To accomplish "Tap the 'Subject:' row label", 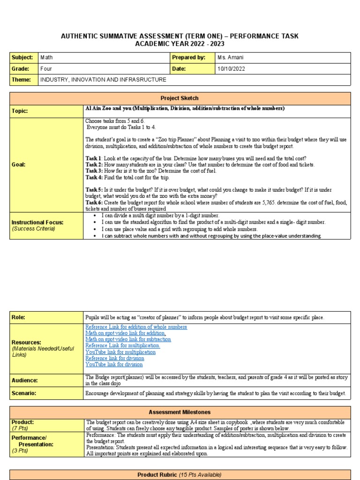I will (x=22, y=57).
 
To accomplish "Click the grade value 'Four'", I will (x=46, y=68).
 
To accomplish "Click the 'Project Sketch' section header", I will (x=180, y=98).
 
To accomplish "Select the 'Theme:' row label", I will (x=21, y=80).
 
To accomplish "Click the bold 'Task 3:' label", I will (x=94, y=171).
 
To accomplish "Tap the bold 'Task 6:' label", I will (x=94, y=202).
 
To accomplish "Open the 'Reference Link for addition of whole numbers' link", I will (x=136, y=327).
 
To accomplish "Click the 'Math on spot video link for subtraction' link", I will (x=128, y=339).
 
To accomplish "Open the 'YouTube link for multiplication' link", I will (x=120, y=352).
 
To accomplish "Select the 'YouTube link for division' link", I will (x=114, y=364).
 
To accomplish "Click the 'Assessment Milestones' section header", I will (x=180, y=412).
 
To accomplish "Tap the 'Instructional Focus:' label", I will (x=37, y=222).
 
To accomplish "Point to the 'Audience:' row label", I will (x=25, y=381).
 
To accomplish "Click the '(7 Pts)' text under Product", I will (x=20, y=429).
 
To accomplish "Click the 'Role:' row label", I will (x=18, y=317).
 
